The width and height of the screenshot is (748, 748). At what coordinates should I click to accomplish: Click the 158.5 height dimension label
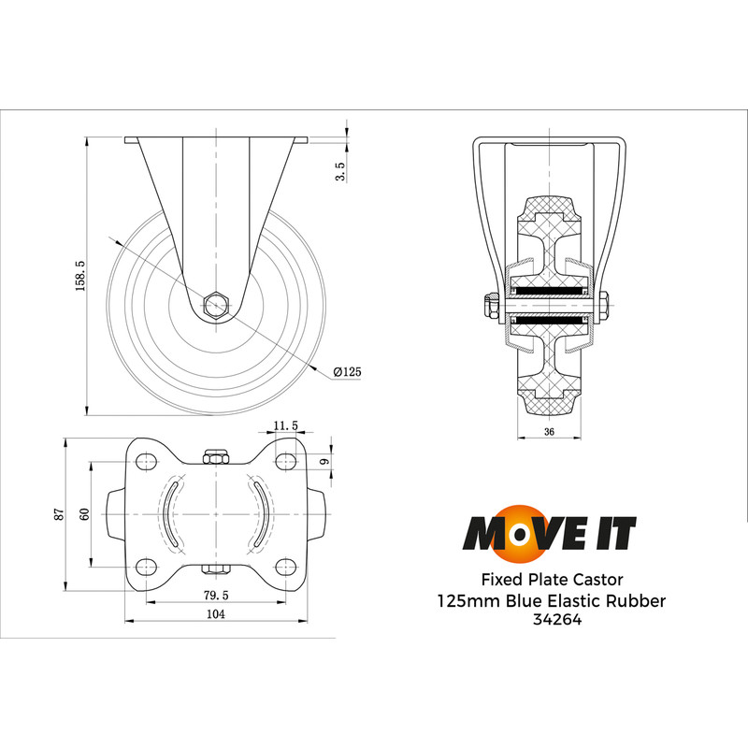(x=80, y=277)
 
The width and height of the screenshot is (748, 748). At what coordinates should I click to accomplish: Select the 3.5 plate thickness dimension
(x=340, y=171)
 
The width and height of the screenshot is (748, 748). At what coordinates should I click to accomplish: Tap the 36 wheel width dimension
(x=550, y=431)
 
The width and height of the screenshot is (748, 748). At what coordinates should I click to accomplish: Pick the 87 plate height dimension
(x=59, y=513)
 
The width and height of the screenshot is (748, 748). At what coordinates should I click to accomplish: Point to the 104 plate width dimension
(x=215, y=614)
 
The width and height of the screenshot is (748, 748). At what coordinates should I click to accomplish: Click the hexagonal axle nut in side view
(x=216, y=304)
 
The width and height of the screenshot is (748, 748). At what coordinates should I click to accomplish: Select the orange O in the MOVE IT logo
(x=509, y=534)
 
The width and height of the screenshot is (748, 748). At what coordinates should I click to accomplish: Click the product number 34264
(x=552, y=619)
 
